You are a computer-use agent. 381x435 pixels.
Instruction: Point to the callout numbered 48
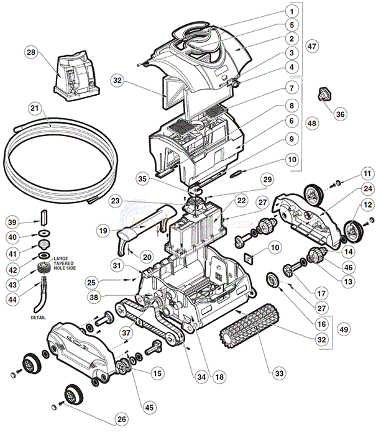click(x=312, y=124)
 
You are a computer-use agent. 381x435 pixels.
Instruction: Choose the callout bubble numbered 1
click(x=290, y=11)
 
